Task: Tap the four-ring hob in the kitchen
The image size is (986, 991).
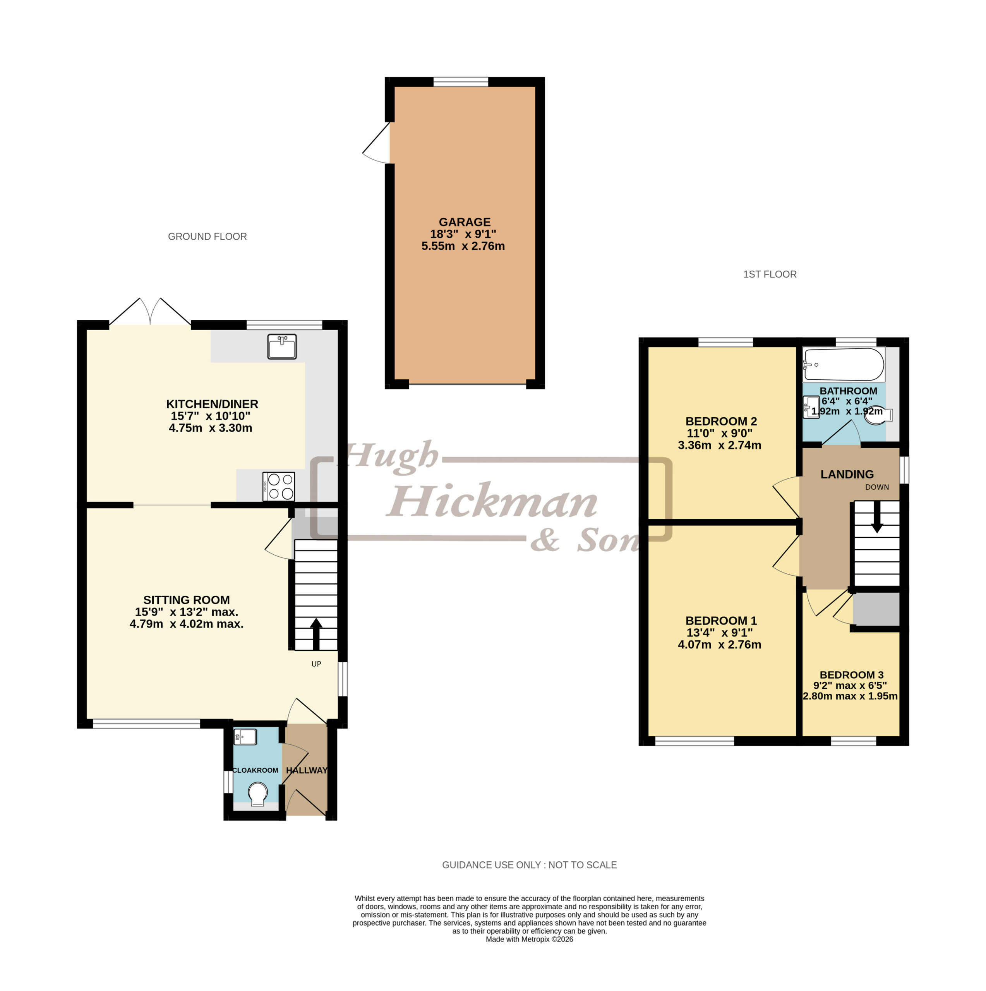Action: (x=279, y=486)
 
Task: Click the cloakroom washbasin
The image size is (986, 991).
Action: (x=245, y=737)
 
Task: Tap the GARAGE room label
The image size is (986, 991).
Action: (x=464, y=222)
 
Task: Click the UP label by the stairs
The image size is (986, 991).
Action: (x=316, y=664)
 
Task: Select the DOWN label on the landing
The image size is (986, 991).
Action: (x=877, y=487)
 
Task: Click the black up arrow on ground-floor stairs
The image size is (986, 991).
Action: (x=316, y=634)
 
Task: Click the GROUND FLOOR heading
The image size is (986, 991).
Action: (x=207, y=237)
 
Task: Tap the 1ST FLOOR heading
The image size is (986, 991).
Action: (x=770, y=274)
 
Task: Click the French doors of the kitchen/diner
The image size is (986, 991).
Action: (x=150, y=311)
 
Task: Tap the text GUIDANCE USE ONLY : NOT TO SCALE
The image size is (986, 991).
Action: (x=530, y=865)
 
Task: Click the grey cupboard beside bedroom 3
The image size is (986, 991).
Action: (x=876, y=609)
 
